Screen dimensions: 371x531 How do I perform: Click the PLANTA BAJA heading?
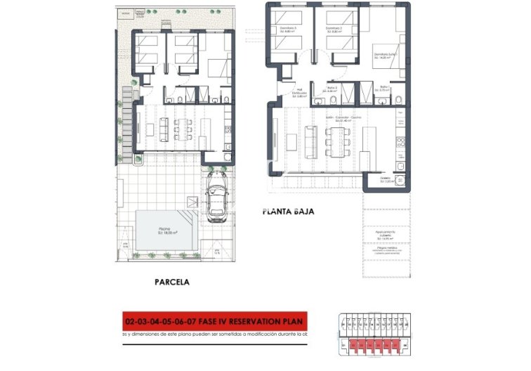(287, 210)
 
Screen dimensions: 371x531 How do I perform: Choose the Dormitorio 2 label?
(334, 30)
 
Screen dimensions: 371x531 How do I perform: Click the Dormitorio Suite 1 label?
(386, 56)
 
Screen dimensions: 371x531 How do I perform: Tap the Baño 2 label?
(331, 89)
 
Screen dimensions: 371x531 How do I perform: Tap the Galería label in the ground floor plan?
(385, 179)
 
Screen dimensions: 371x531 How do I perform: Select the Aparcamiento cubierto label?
(385, 234)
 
